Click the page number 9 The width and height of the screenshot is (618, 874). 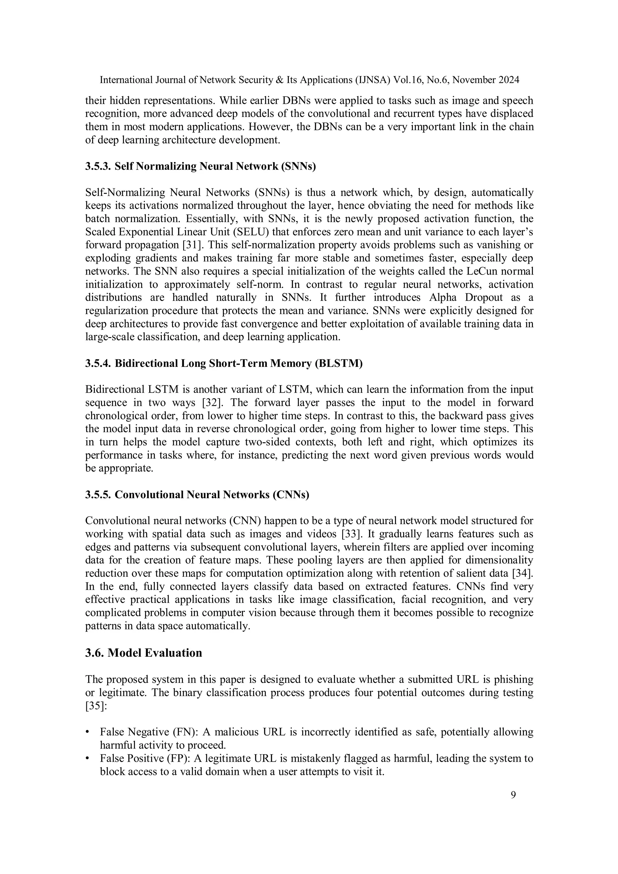513,795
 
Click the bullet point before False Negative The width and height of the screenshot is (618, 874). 88,732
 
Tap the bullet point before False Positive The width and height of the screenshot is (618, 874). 88,758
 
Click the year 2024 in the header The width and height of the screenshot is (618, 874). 508,80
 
